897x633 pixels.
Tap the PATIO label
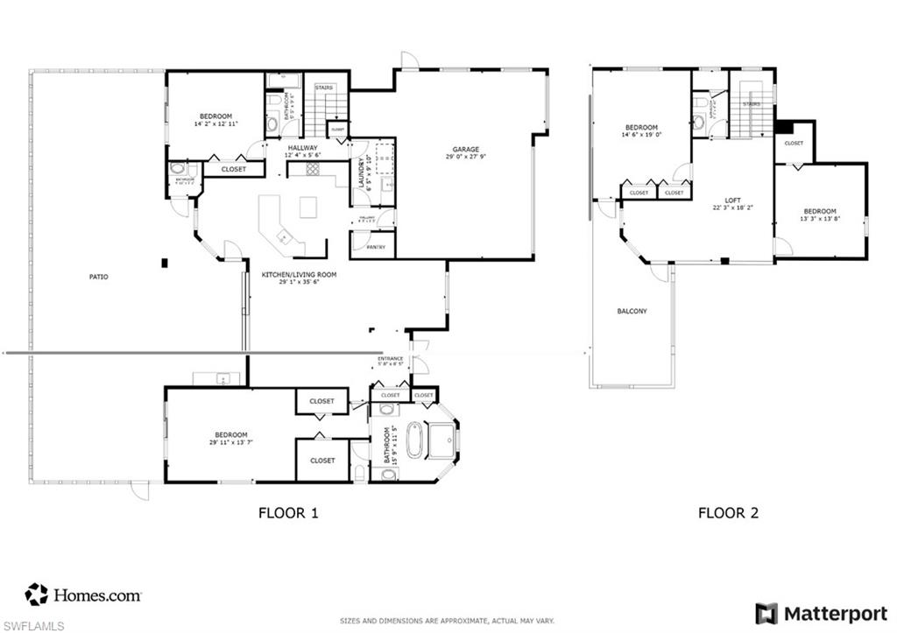pyautogui.click(x=99, y=277)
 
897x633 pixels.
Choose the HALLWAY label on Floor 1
pyautogui.click(x=301, y=148)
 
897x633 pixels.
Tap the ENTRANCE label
pyautogui.click(x=391, y=359)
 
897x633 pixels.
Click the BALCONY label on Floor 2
pyautogui.click(x=632, y=311)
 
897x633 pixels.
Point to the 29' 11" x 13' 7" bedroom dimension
pyautogui.click(x=229, y=443)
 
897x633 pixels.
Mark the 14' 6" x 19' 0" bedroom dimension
pyautogui.click(x=640, y=135)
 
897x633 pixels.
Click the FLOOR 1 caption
pyautogui.click(x=287, y=513)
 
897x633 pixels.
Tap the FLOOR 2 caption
pyautogui.click(x=727, y=513)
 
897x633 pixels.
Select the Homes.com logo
pyautogui.click(x=83, y=595)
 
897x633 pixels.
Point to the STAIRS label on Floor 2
pyautogui.click(x=751, y=104)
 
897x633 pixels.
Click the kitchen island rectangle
pyautogui.click(x=307, y=207)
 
